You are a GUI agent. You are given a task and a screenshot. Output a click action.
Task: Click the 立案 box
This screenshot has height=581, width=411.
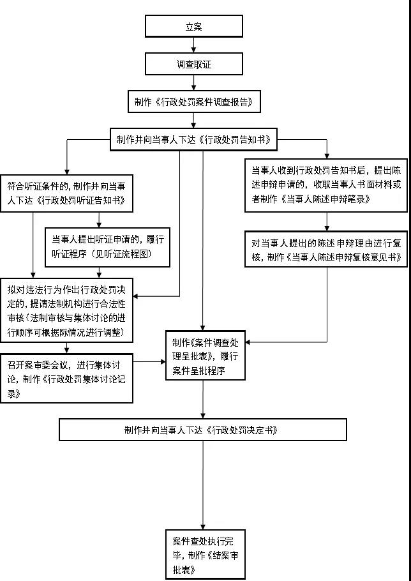pos(194,26)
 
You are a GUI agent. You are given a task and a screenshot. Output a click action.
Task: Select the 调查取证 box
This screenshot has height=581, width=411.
pos(194,64)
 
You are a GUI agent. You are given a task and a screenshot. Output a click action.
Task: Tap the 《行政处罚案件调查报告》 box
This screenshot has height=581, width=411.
pos(194,102)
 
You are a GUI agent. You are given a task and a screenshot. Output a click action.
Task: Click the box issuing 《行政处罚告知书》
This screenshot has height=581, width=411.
pos(194,140)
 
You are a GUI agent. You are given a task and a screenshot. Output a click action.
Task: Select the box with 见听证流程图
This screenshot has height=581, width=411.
pos(108,247)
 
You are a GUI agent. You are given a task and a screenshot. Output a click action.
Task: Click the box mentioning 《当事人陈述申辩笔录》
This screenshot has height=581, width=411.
pos(326,185)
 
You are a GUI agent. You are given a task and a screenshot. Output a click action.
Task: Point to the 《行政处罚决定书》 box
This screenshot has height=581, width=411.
pos(203,430)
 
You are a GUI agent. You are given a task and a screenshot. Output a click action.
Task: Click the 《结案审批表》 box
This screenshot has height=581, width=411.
pos(203,554)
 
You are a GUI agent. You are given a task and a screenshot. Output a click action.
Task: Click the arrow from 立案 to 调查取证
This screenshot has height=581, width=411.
pos(194,45)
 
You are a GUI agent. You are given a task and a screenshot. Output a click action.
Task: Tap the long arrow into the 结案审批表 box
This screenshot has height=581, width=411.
pos(203,485)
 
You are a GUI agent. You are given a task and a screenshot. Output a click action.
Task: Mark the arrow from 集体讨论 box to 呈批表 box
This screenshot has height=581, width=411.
pos(149,363)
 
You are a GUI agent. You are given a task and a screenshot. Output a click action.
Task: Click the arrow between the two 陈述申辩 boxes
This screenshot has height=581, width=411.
pos(326,221)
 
